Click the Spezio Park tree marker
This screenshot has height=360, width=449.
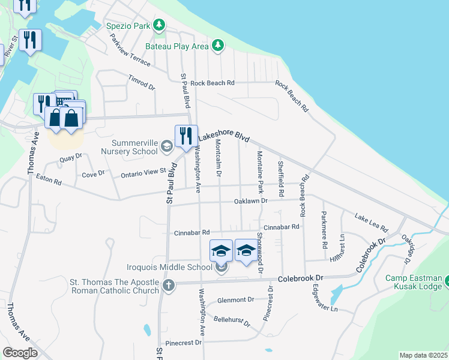click(159, 25)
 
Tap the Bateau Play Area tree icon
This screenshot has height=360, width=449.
click(218, 45)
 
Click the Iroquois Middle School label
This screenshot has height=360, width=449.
click(170, 267)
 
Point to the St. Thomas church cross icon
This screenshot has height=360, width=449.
click(169, 284)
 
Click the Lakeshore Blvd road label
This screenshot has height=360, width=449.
click(223, 137)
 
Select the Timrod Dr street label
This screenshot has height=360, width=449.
click(142, 83)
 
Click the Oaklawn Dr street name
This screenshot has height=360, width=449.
click(250, 201)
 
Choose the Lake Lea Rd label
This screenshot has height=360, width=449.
click(371, 223)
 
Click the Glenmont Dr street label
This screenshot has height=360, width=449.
click(236, 299)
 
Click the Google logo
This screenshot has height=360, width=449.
click(20, 353)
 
